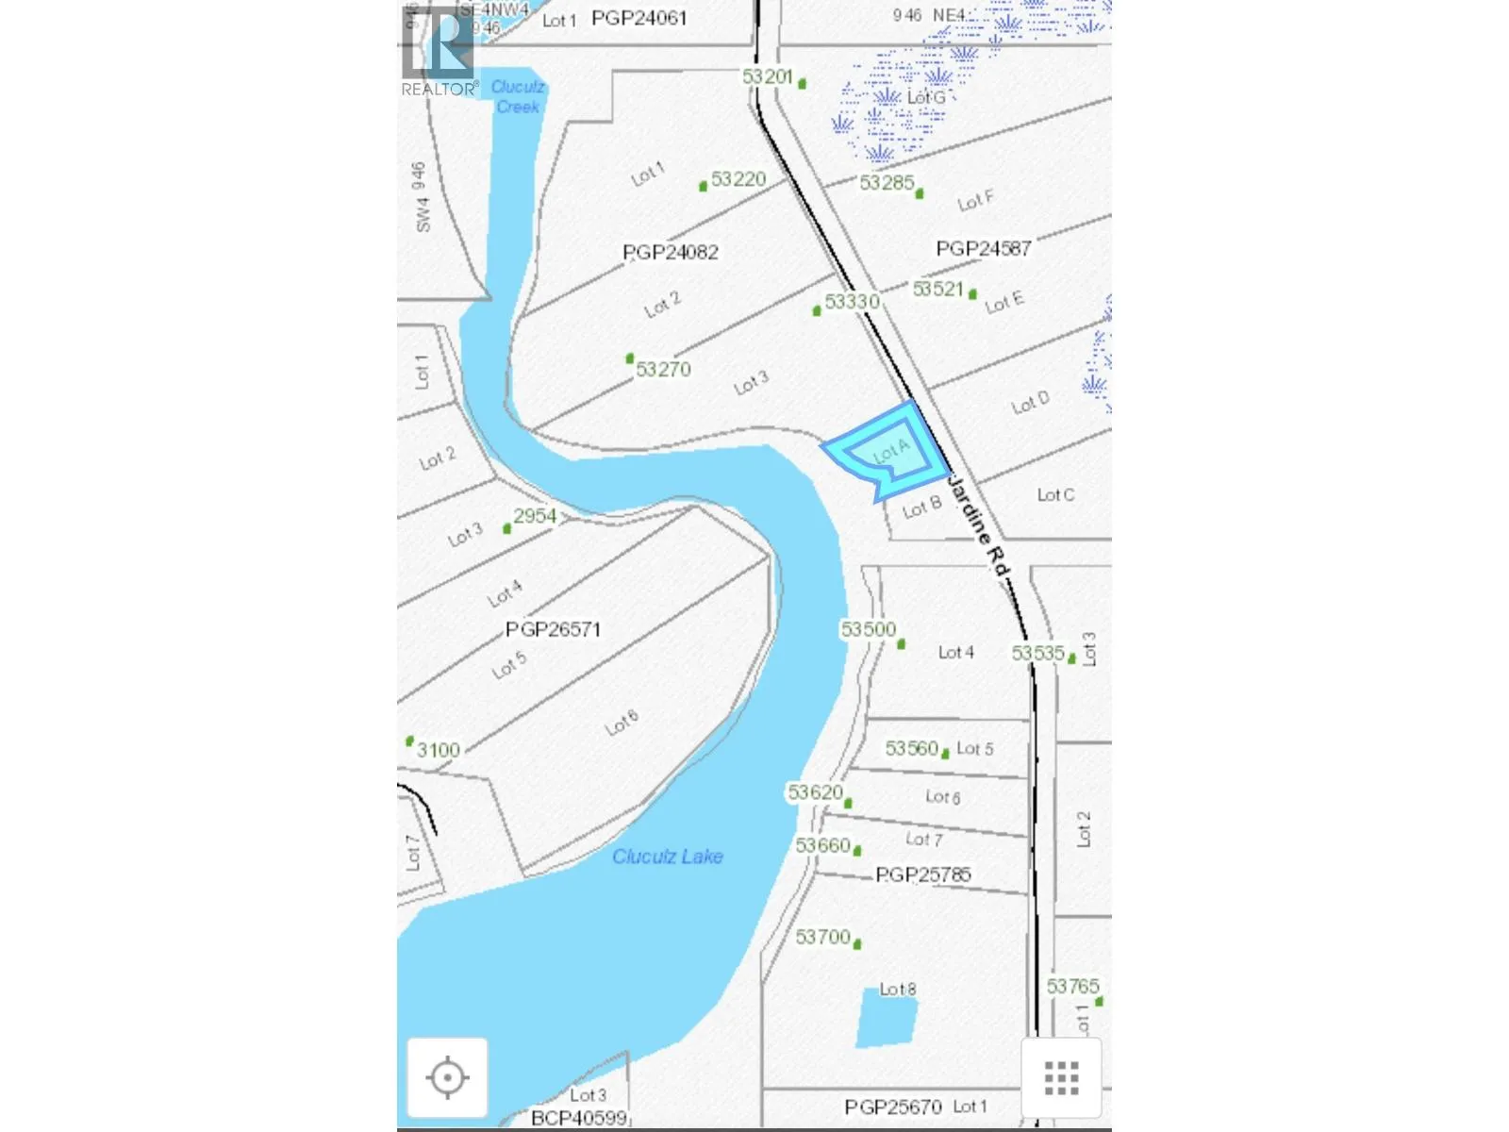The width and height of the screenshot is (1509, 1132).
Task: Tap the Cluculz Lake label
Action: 667,857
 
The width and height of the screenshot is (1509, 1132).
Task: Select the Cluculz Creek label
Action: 518,97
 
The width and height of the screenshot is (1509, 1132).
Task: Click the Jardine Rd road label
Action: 978,526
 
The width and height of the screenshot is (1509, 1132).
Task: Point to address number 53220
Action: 738,179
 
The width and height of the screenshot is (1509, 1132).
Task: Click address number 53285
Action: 887,182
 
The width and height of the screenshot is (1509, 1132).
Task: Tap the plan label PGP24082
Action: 671,252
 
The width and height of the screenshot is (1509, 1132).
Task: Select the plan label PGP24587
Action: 983,248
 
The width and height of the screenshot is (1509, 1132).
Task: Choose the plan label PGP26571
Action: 553,629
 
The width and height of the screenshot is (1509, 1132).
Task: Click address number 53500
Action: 869,629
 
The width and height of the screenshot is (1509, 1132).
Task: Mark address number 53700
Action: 823,937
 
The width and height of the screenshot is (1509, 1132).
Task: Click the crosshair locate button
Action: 447,1077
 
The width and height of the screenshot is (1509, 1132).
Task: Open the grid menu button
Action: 1061,1077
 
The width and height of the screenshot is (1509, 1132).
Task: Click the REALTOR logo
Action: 439,52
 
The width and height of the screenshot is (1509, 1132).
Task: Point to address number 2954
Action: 535,516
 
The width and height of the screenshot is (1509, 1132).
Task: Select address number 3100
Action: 439,750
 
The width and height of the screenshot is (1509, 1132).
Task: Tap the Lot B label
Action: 921,508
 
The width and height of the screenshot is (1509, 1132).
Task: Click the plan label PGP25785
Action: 922,874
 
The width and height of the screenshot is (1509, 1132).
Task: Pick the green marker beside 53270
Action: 630,358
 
